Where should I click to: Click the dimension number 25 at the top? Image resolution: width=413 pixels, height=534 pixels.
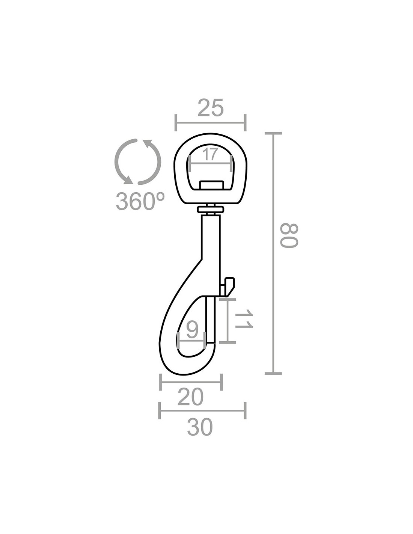click(x=210, y=108)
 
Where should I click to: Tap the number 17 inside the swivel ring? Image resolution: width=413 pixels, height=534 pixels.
click(x=210, y=155)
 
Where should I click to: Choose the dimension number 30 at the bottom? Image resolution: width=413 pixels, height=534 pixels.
click(x=199, y=434)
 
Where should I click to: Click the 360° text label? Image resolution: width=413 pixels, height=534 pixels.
click(x=140, y=201)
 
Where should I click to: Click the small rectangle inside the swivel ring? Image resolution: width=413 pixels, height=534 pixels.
click(x=211, y=185)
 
